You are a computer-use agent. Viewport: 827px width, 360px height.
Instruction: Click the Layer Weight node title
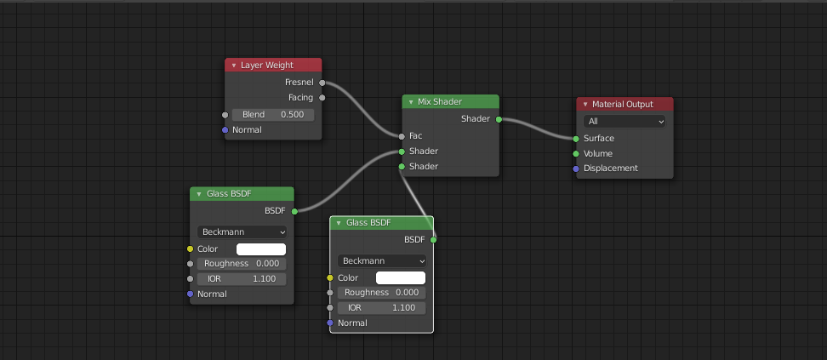[267, 65]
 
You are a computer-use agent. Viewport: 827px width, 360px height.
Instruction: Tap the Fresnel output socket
[322, 83]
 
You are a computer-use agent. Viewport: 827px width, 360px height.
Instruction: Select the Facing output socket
[322, 98]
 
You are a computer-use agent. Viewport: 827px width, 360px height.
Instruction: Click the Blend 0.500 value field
[273, 114]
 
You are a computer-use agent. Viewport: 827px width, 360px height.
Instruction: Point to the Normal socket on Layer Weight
[225, 130]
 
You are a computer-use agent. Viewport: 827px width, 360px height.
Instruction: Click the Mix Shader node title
[440, 101]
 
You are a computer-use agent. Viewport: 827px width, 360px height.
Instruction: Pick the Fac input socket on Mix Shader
[402, 136]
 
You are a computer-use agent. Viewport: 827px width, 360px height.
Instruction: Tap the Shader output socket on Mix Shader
[499, 119]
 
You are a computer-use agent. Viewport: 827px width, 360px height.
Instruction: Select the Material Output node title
[623, 104]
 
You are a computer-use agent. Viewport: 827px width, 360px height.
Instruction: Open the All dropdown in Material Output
[625, 122]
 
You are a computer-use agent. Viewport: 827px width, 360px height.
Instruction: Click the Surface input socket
[576, 139]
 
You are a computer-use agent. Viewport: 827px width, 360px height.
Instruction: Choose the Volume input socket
[576, 154]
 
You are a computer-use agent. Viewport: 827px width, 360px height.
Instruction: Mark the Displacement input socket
[576, 169]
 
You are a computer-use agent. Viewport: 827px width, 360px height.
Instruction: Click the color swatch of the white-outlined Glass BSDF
[400, 277]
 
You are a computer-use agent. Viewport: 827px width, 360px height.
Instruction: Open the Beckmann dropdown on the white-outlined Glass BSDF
[382, 260]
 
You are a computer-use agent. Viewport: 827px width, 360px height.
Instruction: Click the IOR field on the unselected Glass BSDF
[242, 279]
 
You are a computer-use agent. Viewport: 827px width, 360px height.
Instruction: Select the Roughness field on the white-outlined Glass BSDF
[382, 293]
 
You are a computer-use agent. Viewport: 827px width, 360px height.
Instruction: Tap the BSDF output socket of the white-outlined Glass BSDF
[433, 240]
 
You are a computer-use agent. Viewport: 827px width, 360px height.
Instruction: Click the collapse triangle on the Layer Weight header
[233, 66]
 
